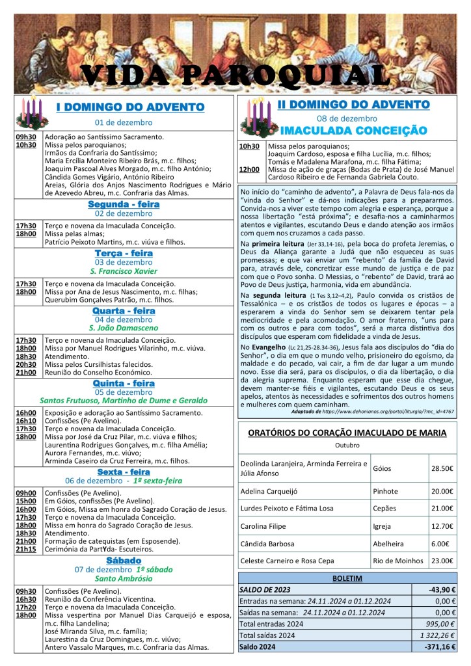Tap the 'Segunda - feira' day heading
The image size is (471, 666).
click(x=124, y=204)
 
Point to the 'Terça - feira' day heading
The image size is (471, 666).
click(x=124, y=253)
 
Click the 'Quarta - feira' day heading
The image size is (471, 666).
click(x=124, y=311)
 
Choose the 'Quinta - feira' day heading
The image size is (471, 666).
click(x=124, y=384)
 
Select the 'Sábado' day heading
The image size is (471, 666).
click(x=124, y=560)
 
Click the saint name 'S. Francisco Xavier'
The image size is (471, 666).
click(x=124, y=271)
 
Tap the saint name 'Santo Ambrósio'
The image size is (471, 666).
click(x=124, y=579)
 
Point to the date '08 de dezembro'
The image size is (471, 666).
click(x=344, y=118)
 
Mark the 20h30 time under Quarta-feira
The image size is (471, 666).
click(x=26, y=365)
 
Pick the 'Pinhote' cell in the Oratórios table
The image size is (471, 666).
click(x=386, y=491)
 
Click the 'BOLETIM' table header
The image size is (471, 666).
click(x=347, y=578)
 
